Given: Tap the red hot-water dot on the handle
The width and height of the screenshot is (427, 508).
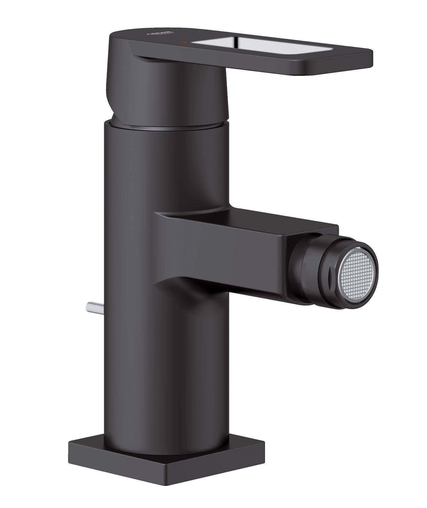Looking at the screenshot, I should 185,43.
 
